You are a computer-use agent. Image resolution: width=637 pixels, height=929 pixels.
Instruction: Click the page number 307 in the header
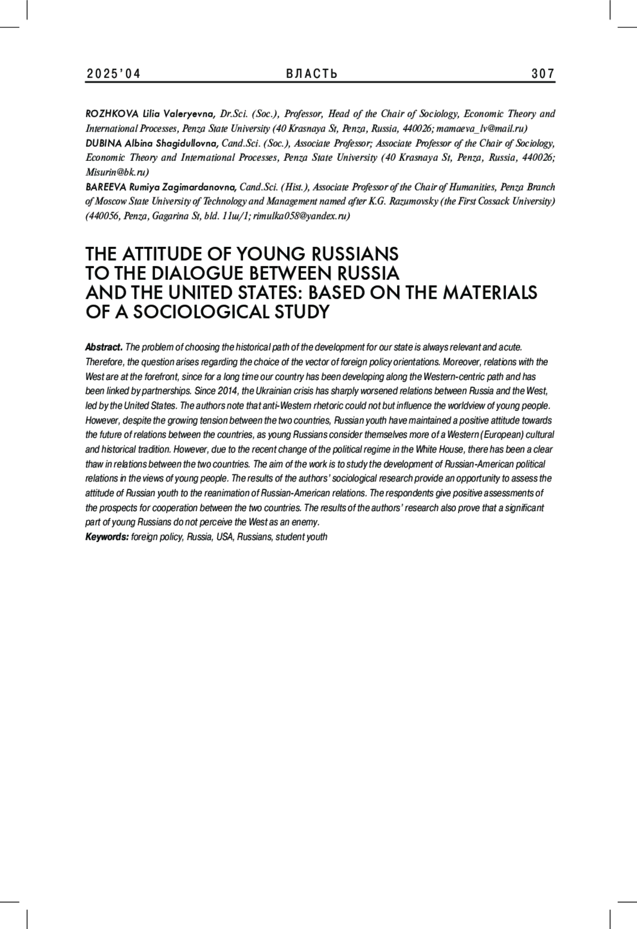tap(543, 74)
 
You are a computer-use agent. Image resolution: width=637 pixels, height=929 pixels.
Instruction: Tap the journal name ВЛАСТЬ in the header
tap(312, 74)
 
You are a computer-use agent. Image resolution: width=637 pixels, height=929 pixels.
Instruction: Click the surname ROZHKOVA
tap(111, 114)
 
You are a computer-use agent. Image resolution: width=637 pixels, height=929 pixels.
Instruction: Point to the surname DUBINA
tap(104, 143)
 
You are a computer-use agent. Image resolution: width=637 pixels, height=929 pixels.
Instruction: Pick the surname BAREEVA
tap(106, 187)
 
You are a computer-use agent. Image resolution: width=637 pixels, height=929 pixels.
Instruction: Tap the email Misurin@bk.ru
tap(117, 172)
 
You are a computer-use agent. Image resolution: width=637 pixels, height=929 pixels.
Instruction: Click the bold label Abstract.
tap(104, 347)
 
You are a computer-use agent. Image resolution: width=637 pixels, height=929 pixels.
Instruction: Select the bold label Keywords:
tap(107, 537)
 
